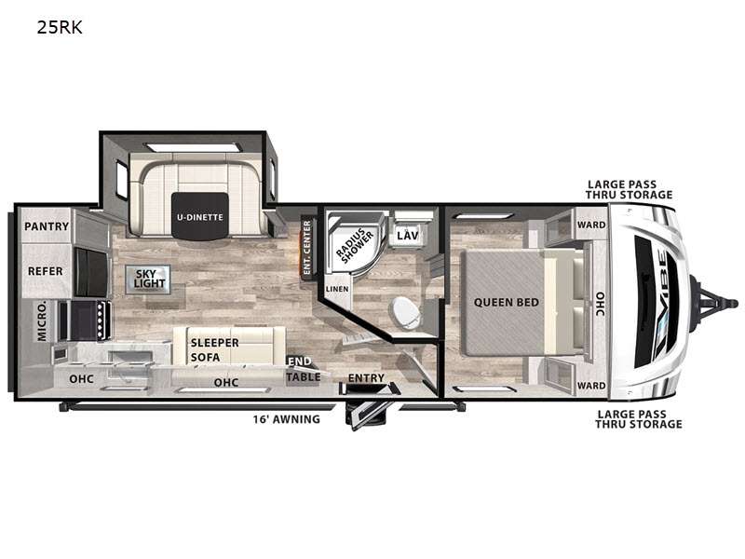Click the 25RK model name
click(60, 28)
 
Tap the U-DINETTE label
click(199, 217)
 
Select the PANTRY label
click(47, 226)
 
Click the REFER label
click(45, 271)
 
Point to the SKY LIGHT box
click(148, 279)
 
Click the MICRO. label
click(42, 320)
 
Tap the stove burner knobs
click(101, 320)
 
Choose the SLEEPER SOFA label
click(215, 350)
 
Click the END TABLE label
click(303, 369)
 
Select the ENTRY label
click(366, 378)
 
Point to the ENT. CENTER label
click(307, 247)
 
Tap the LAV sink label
click(408, 235)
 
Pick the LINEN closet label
click(337, 289)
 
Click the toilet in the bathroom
click(405, 312)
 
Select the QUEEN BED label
click(506, 302)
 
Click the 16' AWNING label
click(286, 419)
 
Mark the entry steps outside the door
click(369, 415)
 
